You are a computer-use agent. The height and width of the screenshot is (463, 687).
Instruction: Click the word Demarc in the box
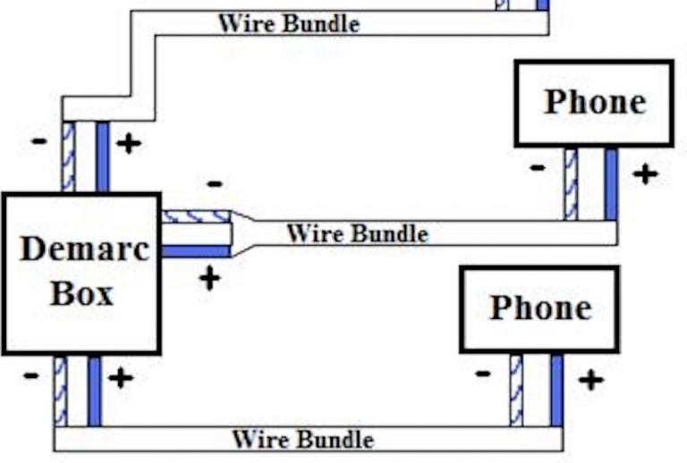pyautogui.click(x=82, y=248)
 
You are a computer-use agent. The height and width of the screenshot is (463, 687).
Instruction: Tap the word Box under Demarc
pyautogui.click(x=81, y=293)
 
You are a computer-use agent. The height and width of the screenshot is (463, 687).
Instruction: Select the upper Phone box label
pyautogui.click(x=594, y=102)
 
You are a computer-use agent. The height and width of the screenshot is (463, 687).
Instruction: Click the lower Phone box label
pyautogui.click(x=539, y=307)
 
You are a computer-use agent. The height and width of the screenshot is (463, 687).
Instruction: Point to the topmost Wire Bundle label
pyautogui.click(x=288, y=22)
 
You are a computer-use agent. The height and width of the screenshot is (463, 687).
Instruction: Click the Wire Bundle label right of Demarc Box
pyautogui.click(x=357, y=234)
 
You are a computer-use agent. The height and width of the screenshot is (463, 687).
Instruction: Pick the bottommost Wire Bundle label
pyautogui.click(x=302, y=439)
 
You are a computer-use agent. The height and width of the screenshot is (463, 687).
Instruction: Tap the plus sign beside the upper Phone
pyautogui.click(x=644, y=173)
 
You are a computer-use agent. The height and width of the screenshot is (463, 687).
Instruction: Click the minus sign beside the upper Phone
pyautogui.click(x=537, y=167)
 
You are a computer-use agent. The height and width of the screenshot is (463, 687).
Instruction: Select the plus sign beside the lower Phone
pyautogui.click(x=589, y=380)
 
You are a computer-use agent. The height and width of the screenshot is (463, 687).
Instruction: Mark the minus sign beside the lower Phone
pyautogui.click(x=483, y=373)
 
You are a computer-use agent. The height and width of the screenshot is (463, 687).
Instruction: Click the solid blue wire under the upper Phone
pyautogui.click(x=611, y=184)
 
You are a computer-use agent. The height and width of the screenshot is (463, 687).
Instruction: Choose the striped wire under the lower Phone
pyautogui.click(x=516, y=391)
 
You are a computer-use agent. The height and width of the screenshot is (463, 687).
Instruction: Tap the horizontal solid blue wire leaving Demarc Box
pyautogui.click(x=196, y=251)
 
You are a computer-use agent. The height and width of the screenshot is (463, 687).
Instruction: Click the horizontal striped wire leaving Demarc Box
pyautogui.click(x=196, y=216)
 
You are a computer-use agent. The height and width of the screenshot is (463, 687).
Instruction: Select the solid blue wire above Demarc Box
pyautogui.click(x=102, y=156)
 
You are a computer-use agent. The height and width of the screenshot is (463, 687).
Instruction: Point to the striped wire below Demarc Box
pyautogui.click(x=60, y=391)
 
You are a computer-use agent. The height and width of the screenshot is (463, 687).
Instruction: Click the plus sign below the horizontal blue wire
pyautogui.click(x=208, y=278)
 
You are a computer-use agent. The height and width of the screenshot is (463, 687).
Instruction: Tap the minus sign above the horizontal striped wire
pyautogui.click(x=215, y=184)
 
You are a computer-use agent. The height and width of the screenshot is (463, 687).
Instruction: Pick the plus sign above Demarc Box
pyautogui.click(x=129, y=143)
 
